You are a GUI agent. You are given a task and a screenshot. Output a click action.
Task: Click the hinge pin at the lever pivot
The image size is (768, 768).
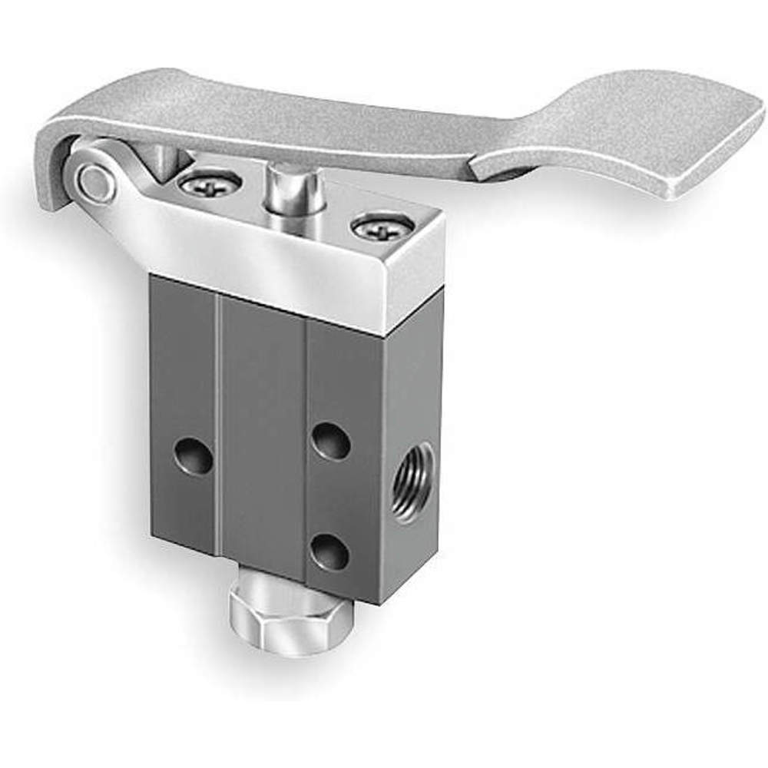pos(94,182)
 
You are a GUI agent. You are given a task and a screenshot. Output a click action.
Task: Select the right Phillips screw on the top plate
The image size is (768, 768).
pos(382,227)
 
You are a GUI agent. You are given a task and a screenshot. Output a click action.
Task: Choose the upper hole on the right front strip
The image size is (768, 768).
pos(332,442)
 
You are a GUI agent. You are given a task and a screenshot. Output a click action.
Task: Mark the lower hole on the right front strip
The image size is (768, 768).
pos(331,551)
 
